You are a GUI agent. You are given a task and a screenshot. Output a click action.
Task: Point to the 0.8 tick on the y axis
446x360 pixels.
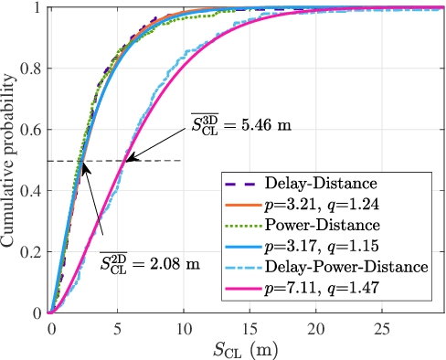point(33,69)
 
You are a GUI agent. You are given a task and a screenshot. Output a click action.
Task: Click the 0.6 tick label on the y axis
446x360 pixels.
point(33,130)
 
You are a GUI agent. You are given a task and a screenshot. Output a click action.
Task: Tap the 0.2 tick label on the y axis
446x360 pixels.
point(33,252)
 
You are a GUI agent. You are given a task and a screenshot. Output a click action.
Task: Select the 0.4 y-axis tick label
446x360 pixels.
point(33,191)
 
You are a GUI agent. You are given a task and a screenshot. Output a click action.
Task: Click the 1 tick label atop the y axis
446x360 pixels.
point(38,8)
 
